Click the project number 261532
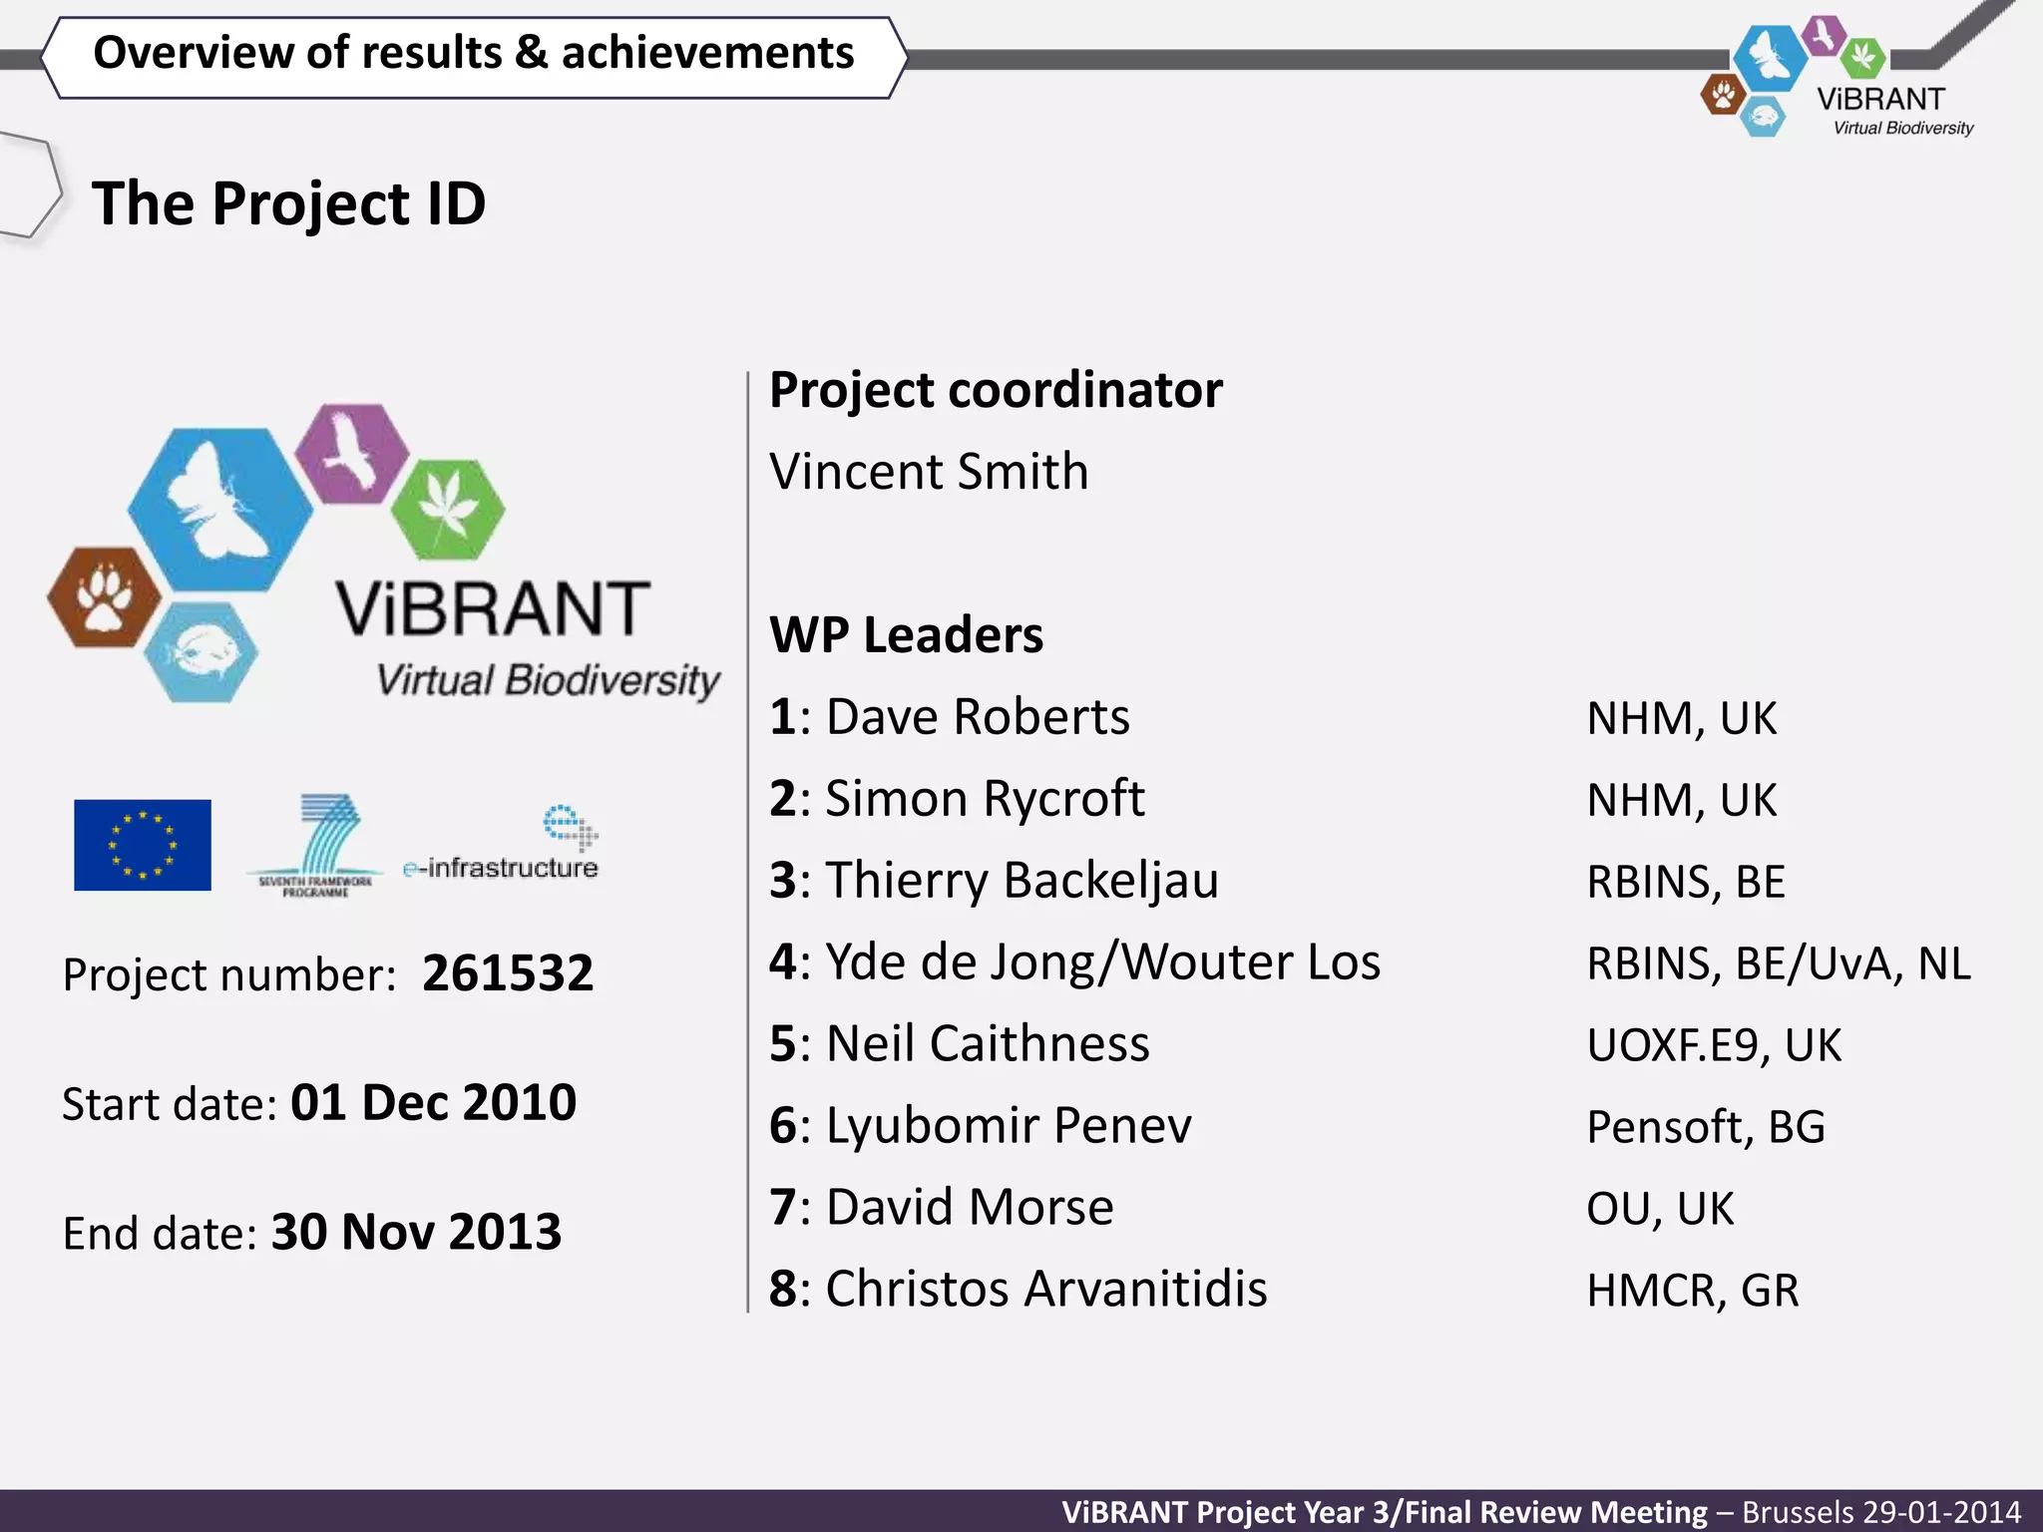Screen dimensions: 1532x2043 coord(507,973)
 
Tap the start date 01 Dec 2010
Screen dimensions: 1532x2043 coord(433,1103)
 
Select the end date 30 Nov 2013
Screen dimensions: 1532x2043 coord(416,1232)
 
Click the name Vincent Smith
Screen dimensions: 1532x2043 coord(929,472)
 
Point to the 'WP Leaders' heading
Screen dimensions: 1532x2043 coord(906,635)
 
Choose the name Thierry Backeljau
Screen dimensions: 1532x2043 coord(1021,881)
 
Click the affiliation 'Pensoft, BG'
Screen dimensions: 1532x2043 coord(1706,1127)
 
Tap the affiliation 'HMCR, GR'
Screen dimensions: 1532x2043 coord(1693,1291)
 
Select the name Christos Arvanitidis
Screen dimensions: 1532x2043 coord(1045,1289)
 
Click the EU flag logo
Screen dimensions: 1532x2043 coord(143,845)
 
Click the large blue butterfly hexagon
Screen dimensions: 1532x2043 coord(219,509)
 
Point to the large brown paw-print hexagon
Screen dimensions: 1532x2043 coord(105,596)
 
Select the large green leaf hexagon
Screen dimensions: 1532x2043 coord(448,509)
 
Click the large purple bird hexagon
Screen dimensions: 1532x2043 coord(352,452)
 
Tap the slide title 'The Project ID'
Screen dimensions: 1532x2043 coord(288,203)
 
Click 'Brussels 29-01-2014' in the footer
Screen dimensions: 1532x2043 coord(1881,1512)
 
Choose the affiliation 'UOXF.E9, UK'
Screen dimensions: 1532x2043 coord(1714,1045)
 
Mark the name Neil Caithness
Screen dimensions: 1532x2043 coord(988,1044)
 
